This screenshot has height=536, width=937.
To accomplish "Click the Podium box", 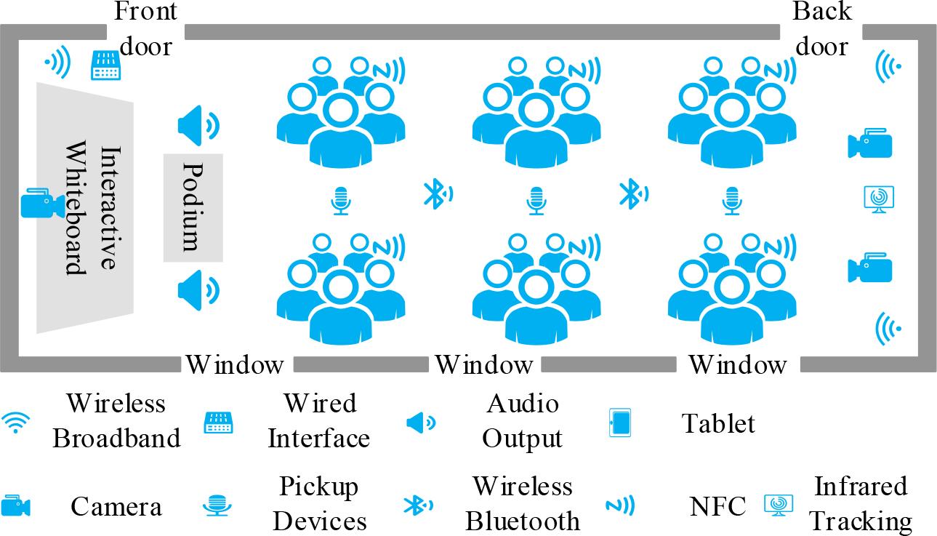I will tap(193, 207).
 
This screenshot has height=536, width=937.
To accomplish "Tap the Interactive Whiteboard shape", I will tap(84, 208).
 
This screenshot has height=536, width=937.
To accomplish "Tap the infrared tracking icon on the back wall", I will tap(877, 199).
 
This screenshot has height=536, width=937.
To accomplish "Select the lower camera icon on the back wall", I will tap(869, 268).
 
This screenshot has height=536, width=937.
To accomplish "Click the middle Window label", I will tap(483, 364).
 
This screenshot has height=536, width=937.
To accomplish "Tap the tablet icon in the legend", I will tap(619, 423).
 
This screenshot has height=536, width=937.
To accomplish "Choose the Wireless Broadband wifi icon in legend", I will tap(16, 423).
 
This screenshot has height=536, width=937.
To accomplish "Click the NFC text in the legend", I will tap(718, 505).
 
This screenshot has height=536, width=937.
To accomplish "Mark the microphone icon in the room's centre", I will tap(536, 201).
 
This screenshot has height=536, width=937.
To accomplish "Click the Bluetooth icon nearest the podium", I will tap(438, 193).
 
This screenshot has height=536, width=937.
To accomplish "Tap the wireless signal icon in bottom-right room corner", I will tap(888, 328).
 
